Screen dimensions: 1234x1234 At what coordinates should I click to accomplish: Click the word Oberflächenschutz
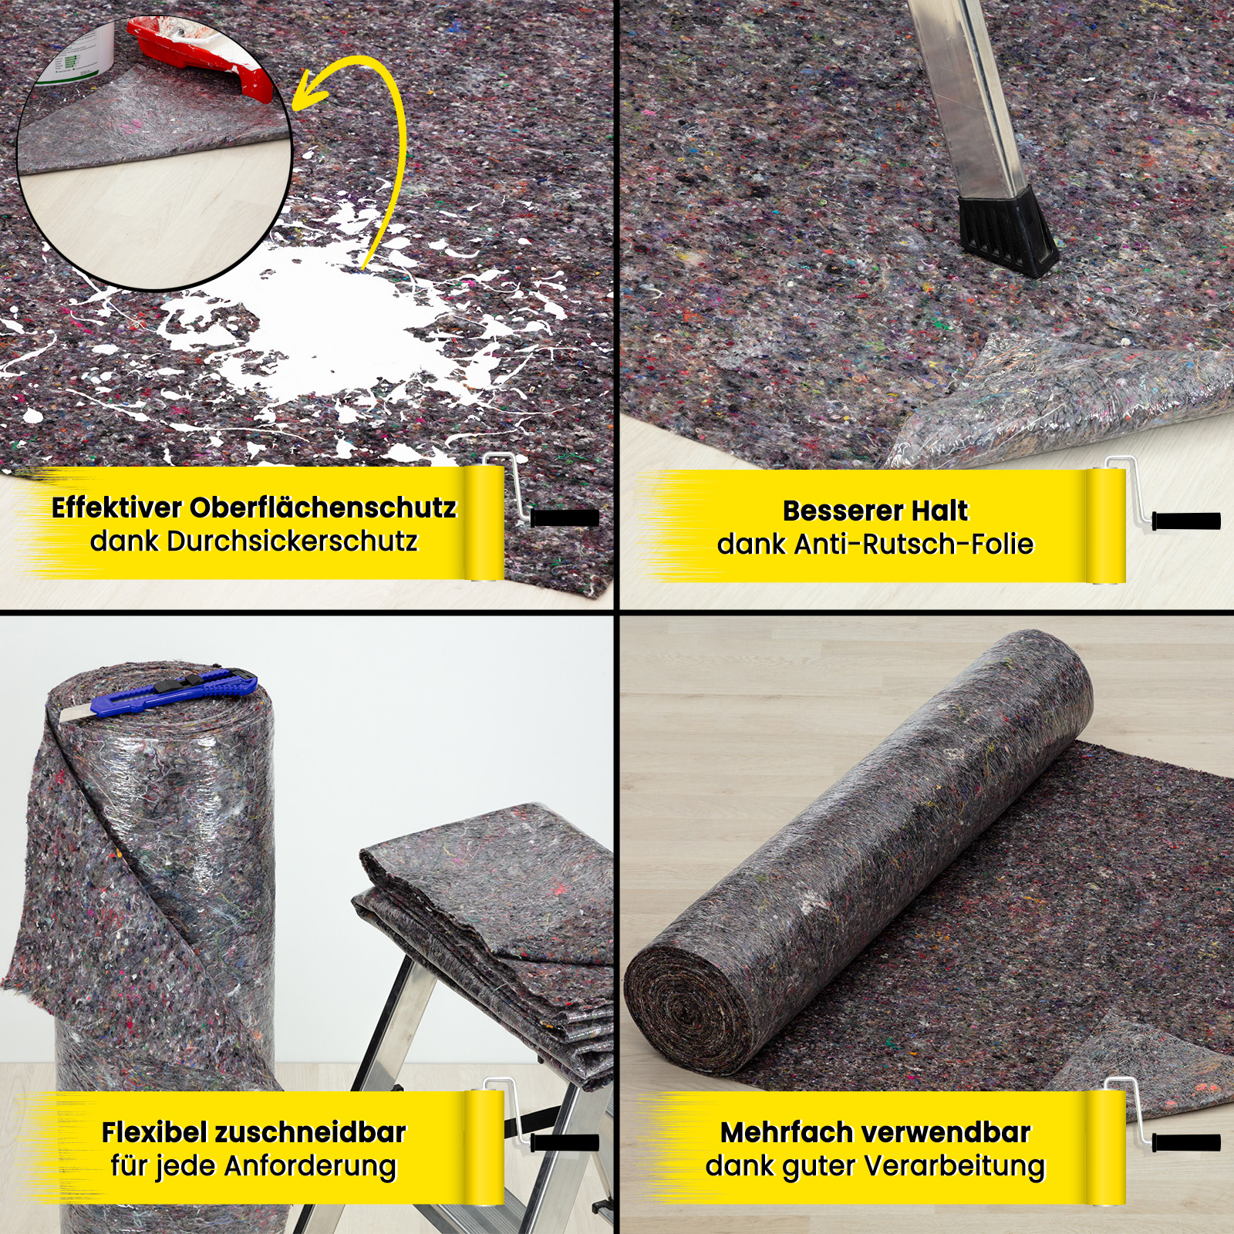click(323, 508)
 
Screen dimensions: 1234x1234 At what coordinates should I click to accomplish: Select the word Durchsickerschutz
click(292, 541)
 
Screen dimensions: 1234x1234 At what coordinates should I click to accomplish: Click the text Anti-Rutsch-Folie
click(913, 545)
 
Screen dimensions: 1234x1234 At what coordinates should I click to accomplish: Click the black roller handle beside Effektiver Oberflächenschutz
click(565, 518)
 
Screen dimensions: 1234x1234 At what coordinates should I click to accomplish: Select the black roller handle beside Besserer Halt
click(1186, 521)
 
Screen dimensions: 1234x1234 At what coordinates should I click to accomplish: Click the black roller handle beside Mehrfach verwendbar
click(1186, 1141)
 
